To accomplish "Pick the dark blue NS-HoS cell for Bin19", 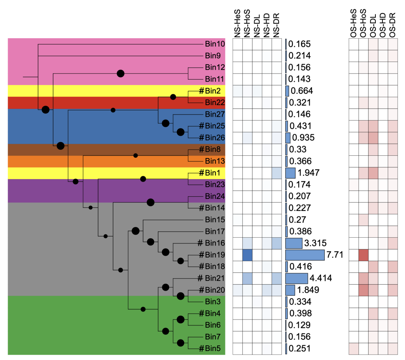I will click(247, 255).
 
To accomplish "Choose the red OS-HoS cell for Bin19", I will click(363, 255).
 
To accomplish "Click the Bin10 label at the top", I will click(215, 44).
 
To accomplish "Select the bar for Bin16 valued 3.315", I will click(294, 243).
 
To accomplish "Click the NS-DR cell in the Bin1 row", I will click(276, 173).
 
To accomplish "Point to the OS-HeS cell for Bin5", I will click(353, 348).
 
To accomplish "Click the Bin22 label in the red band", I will click(215, 102).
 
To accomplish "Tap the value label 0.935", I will click(304, 138).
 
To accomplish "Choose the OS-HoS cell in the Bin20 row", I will click(363, 290).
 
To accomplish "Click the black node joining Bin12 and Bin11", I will click(120, 74).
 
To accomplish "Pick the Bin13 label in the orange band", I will click(215, 161).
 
